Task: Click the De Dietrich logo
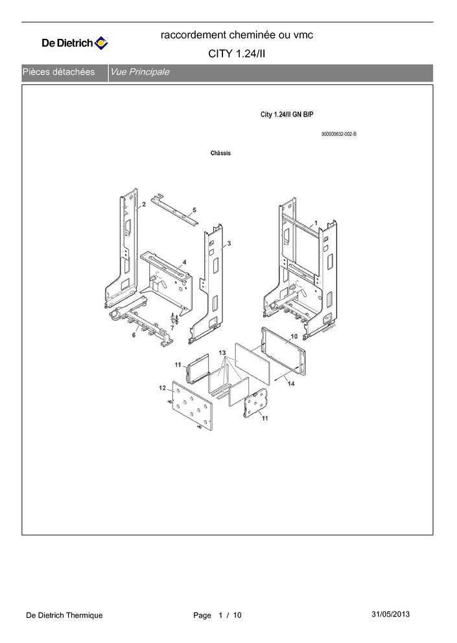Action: (x=75, y=44)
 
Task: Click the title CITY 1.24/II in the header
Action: (x=237, y=54)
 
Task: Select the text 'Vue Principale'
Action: (x=140, y=72)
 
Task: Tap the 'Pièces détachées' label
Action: (x=59, y=72)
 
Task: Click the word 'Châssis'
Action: (x=220, y=153)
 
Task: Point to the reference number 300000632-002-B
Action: (x=338, y=134)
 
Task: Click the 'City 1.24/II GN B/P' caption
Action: (x=287, y=115)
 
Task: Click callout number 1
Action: (x=315, y=222)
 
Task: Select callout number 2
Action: (x=144, y=205)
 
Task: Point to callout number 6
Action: (x=134, y=335)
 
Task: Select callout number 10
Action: (x=293, y=337)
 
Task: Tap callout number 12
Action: (x=162, y=388)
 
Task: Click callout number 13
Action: (x=222, y=353)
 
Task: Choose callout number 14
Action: (x=291, y=385)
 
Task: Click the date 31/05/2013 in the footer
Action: (x=391, y=614)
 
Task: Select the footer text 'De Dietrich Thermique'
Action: (x=64, y=615)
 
